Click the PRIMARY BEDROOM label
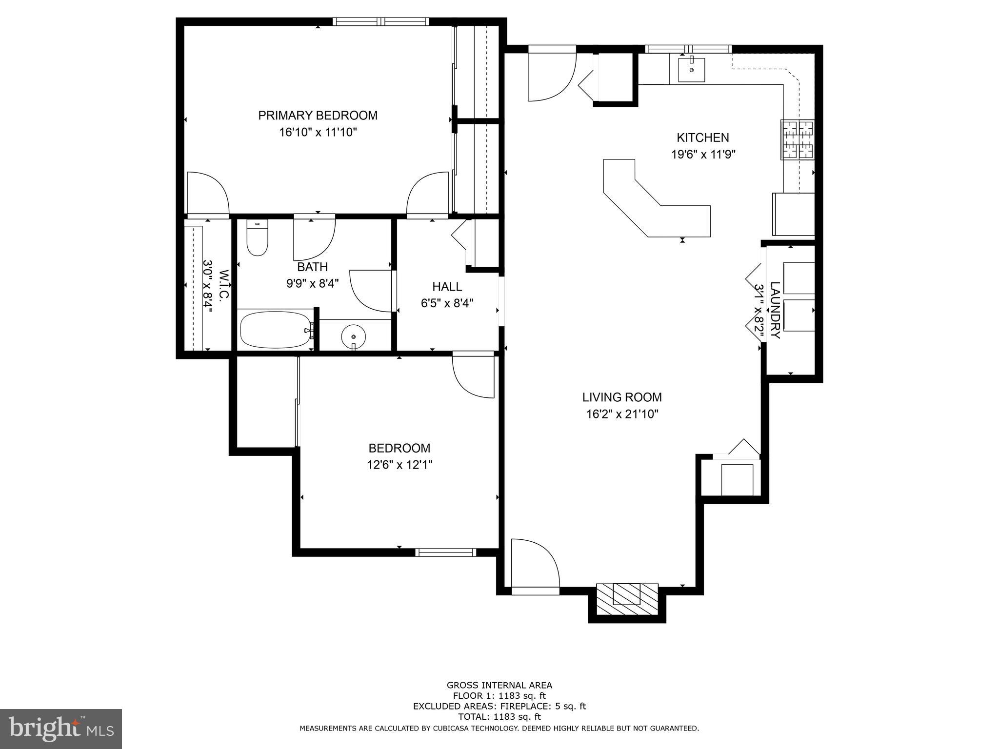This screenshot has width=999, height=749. [x=318, y=116]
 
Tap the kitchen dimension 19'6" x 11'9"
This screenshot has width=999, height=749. [x=703, y=155]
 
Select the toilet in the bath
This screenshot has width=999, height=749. [x=257, y=239]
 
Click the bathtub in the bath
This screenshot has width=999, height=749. [x=276, y=330]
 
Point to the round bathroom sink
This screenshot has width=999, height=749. [x=354, y=336]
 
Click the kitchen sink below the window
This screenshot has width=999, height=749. [x=691, y=70]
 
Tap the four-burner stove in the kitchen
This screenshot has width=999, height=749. [x=798, y=139]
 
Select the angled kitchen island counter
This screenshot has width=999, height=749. [x=654, y=205]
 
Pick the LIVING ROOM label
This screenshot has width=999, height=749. [x=622, y=397]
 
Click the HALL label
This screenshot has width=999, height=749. [x=447, y=287]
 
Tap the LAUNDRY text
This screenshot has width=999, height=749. [x=775, y=310]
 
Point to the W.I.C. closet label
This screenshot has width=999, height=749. [x=224, y=286]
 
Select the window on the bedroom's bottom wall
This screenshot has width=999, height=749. [x=445, y=552]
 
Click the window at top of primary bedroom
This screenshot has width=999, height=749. [x=381, y=21]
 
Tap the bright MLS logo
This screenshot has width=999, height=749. [x=61, y=729]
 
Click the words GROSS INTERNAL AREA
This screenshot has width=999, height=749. [x=499, y=685]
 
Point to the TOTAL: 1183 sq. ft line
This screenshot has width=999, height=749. [x=499, y=717]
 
